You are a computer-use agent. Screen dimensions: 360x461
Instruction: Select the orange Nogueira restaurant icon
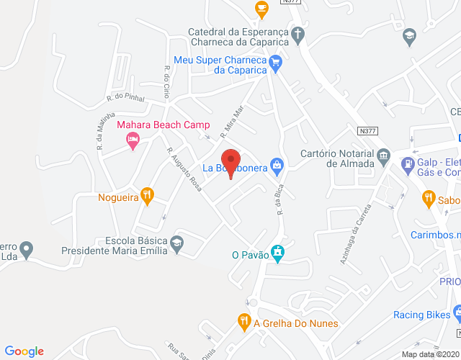147,194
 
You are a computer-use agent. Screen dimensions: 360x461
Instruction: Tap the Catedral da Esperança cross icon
297,32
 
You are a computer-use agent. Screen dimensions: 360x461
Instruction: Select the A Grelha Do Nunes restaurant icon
244,322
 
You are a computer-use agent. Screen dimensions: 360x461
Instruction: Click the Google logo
24,351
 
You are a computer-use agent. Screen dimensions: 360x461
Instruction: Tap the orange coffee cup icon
261,9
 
